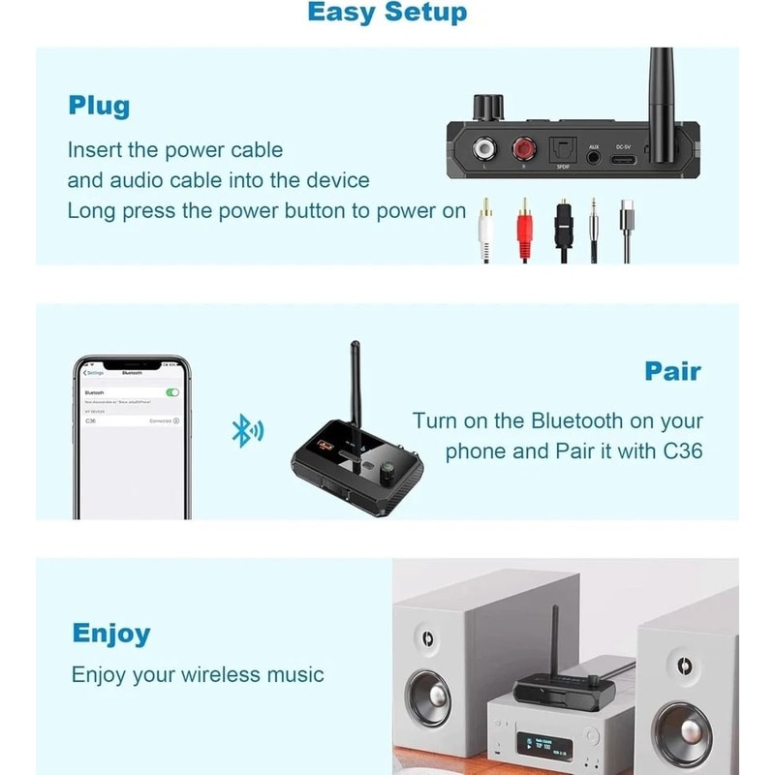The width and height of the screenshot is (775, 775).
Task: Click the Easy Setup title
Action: (x=387, y=13)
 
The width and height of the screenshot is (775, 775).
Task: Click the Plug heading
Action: (x=99, y=105)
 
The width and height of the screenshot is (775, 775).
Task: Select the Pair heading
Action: (x=672, y=371)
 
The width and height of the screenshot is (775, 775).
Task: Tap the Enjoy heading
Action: (x=111, y=634)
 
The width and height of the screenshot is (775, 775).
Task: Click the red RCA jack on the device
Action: (x=524, y=150)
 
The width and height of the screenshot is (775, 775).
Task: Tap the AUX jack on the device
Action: (x=594, y=156)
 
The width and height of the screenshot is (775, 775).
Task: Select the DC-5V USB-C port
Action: (x=624, y=157)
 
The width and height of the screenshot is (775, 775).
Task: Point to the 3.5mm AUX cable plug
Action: (x=593, y=218)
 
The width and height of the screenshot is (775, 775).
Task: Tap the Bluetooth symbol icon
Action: (x=242, y=431)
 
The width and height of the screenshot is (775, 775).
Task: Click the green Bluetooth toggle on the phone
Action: (x=172, y=392)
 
